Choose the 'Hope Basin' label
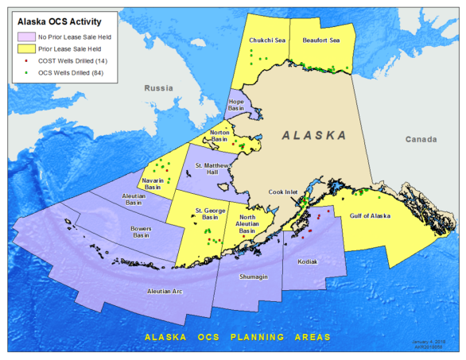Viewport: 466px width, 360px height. click(235, 106)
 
